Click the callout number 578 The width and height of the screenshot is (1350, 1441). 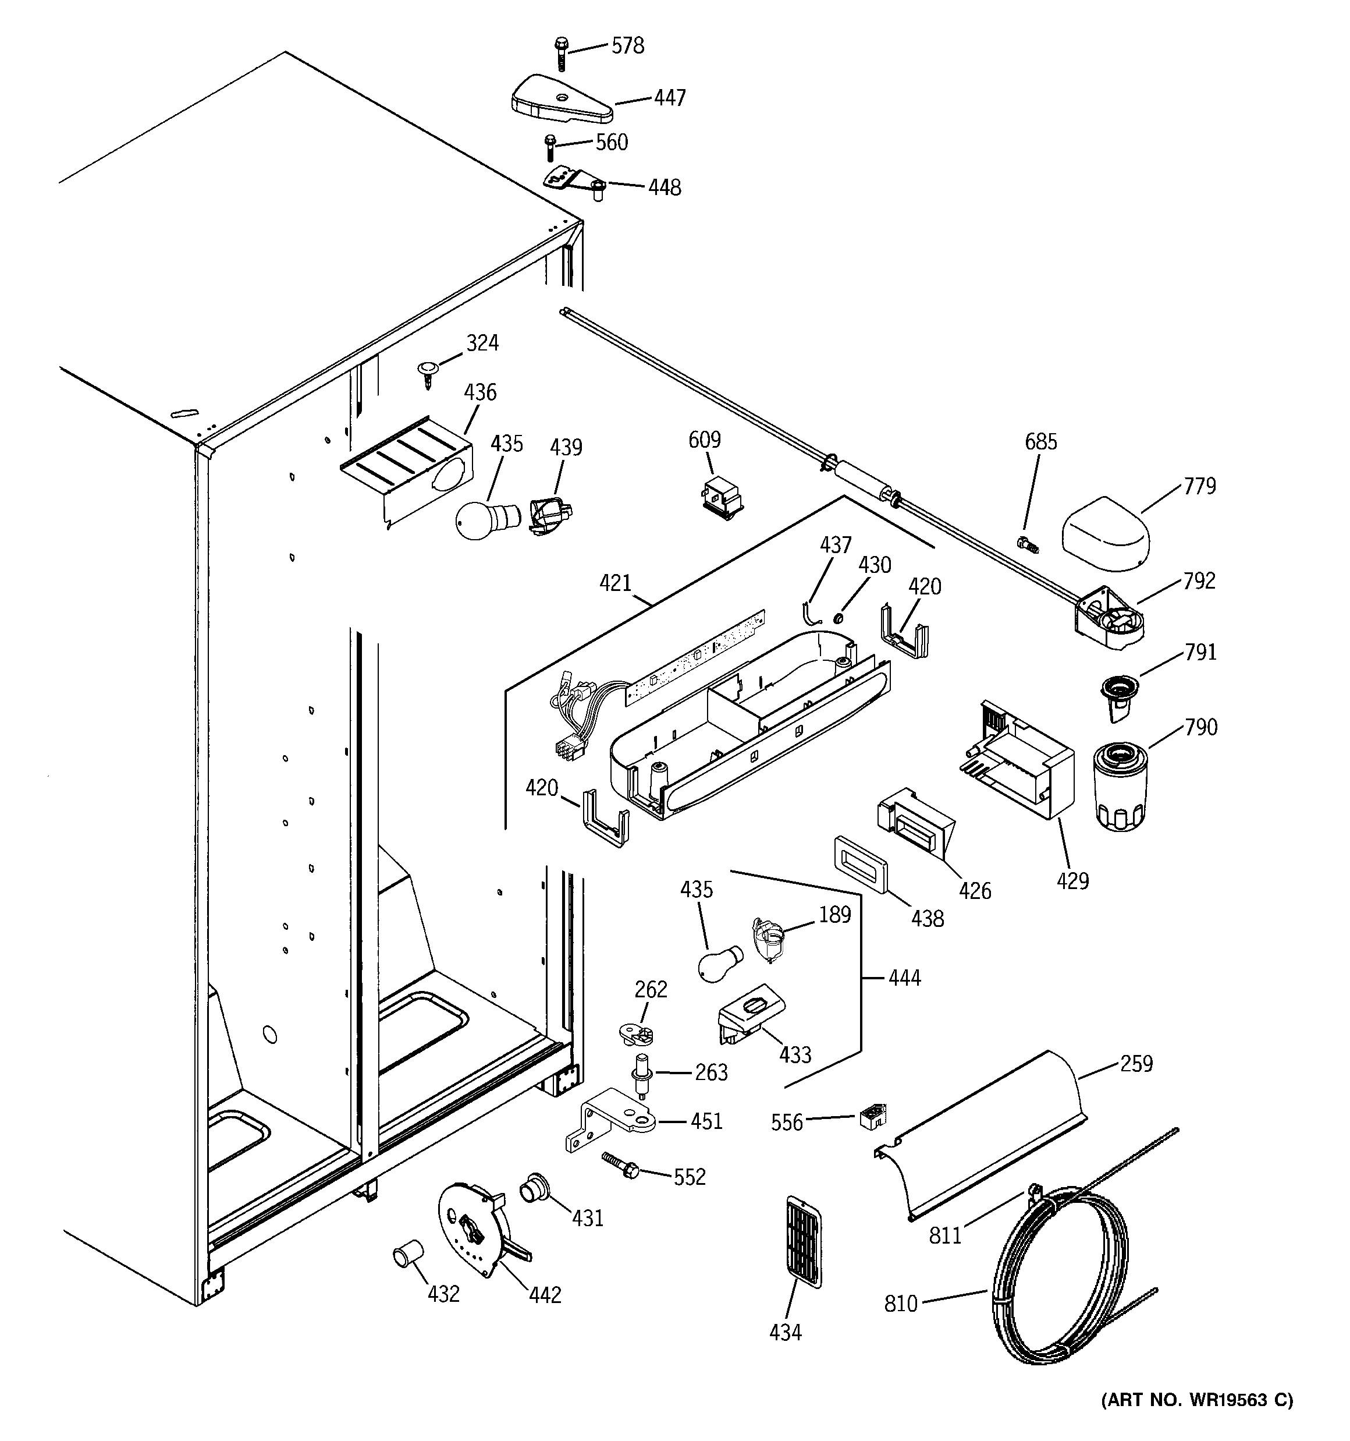coord(627,45)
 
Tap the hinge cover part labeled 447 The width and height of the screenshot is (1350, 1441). coord(561,98)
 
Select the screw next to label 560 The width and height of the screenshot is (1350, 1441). coord(549,147)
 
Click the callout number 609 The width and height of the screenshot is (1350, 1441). coord(704,440)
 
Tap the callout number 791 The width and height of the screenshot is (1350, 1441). coord(1199,652)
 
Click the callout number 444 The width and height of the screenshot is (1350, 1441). coord(904,978)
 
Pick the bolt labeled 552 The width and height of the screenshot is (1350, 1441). coord(621,1166)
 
